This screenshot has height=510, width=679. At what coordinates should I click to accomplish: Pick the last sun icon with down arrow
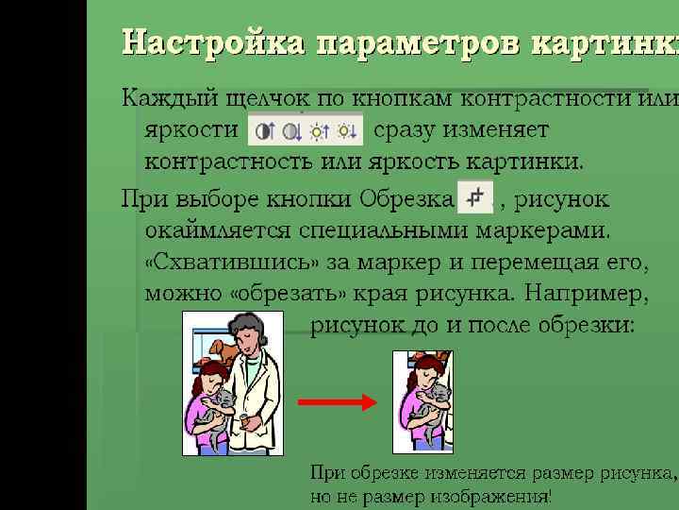point(348,129)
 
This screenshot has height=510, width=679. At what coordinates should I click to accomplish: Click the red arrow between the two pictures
point(337,402)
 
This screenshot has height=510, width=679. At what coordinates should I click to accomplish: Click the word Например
point(586,293)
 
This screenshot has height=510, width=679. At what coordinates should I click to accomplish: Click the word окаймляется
point(218,229)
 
